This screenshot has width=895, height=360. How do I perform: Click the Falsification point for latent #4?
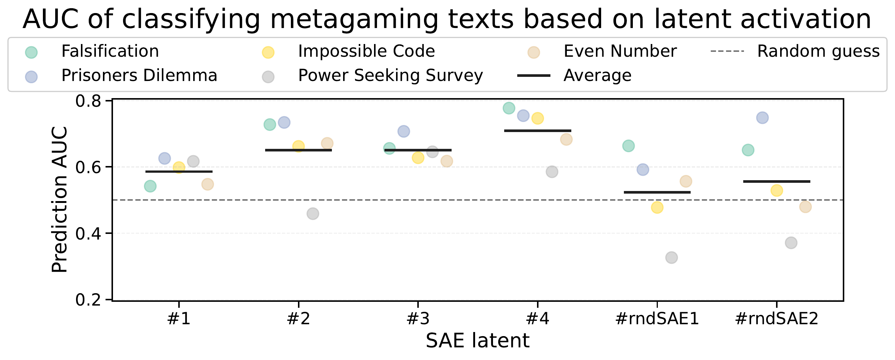509,108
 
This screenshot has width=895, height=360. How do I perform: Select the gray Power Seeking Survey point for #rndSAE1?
671,257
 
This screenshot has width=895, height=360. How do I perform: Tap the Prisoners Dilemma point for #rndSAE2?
762,118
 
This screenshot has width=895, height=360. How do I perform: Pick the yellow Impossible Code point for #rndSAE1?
657,207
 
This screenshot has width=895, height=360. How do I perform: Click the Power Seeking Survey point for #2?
313,214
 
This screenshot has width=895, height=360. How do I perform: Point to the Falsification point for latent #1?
150,186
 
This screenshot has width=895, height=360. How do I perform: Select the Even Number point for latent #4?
566,140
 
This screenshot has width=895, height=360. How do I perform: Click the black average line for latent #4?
537,131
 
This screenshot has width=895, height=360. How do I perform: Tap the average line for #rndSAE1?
657,192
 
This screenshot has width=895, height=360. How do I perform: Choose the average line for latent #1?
179,172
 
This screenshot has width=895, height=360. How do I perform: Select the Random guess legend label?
819,51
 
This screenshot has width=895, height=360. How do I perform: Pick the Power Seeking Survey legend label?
390,76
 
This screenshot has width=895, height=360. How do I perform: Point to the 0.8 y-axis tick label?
88,101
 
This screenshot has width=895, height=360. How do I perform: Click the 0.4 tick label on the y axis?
88,234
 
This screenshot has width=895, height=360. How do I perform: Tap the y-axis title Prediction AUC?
60,200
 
